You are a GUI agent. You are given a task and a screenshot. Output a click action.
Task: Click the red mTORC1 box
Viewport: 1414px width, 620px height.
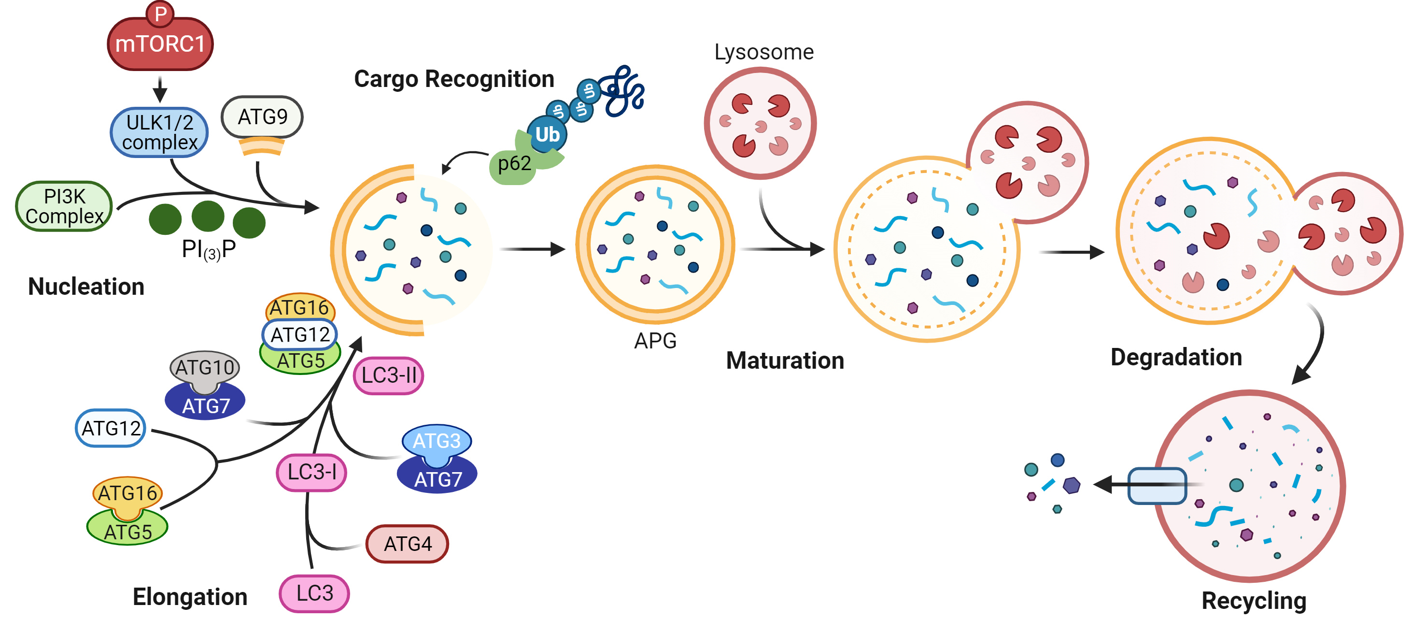coord(160,44)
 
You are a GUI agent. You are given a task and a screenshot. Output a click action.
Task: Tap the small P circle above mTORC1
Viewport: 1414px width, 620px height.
coord(160,14)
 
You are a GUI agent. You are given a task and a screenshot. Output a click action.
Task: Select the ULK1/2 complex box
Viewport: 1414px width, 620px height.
coord(159,132)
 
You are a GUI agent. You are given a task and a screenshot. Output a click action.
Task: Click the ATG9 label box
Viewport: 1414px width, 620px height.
coord(262,116)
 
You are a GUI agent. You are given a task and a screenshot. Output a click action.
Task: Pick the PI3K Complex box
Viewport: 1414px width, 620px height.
coord(64,206)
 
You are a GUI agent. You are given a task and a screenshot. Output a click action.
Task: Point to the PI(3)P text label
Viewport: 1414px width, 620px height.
coord(209,249)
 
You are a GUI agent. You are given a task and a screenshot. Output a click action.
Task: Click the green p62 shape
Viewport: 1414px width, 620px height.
coord(514,165)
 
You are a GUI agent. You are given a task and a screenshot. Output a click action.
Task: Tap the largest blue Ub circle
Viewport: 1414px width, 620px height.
coord(547,134)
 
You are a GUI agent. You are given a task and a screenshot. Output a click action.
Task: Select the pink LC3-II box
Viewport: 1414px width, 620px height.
coord(389,375)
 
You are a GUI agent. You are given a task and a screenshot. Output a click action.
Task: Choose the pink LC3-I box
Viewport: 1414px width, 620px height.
coord(311,472)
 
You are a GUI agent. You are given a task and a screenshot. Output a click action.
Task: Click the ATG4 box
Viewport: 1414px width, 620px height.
coord(407,544)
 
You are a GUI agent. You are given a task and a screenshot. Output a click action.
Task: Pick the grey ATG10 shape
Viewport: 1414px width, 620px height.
coord(205,367)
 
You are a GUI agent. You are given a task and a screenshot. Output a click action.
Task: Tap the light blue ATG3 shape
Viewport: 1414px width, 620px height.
coord(437,441)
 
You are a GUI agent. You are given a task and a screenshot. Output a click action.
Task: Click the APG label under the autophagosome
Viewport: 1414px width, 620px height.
coord(655,341)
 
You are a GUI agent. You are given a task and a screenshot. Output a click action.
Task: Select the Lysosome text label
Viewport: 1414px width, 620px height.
coord(764,52)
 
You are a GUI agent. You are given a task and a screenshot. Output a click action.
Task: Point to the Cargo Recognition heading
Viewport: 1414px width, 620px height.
coord(454,79)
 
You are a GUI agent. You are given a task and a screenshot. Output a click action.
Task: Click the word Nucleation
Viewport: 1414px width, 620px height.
coord(86,287)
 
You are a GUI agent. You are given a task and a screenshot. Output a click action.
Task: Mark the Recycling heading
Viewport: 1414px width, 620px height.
coord(1254,600)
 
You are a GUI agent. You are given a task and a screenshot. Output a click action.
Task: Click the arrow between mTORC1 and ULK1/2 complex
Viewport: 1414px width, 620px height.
coord(160,89)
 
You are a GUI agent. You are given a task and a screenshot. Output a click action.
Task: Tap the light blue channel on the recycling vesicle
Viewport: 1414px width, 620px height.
coord(1157,486)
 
